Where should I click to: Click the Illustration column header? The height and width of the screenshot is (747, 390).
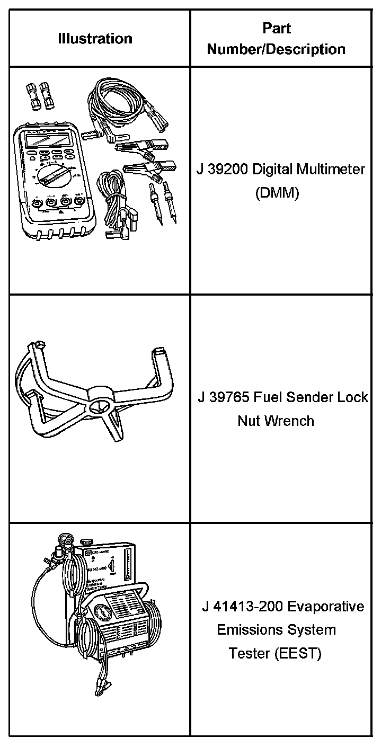click(x=95, y=39)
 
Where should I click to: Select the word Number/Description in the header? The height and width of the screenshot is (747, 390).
click(x=276, y=49)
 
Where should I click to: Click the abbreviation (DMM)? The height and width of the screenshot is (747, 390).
click(x=277, y=193)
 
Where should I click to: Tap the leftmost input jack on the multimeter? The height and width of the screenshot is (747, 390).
click(x=37, y=203)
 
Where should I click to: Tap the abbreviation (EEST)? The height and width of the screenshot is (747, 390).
click(x=298, y=654)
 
